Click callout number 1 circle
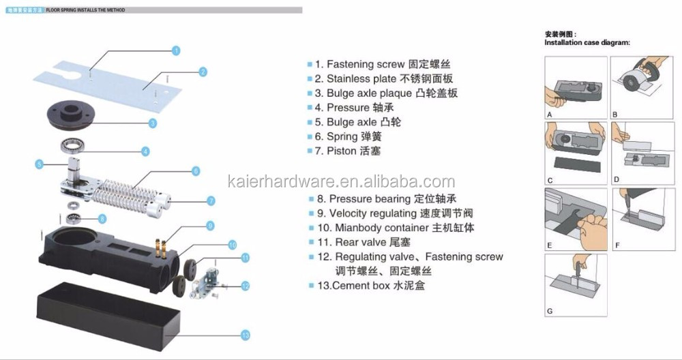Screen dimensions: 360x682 click(175, 50)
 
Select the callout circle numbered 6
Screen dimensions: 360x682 click(196, 170)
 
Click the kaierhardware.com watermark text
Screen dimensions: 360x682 click(340, 181)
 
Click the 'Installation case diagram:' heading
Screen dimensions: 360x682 click(587, 42)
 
